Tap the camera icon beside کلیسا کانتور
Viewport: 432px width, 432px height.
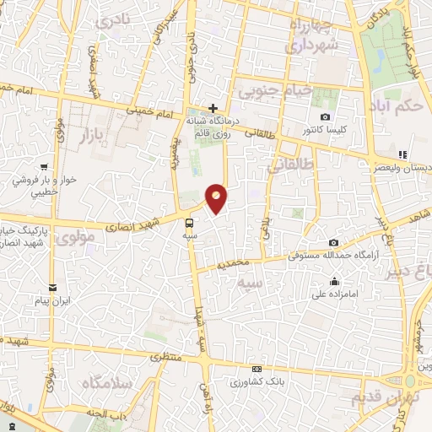click(326, 116)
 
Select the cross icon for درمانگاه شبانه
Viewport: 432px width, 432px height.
click(213, 108)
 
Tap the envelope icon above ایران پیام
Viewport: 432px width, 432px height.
click(53, 287)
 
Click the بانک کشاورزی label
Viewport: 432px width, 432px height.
click(256, 382)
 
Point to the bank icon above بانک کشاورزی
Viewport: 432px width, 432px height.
click(256, 369)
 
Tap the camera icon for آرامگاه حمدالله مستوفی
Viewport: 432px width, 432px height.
click(334, 242)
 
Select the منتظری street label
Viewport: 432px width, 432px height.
click(169, 358)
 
